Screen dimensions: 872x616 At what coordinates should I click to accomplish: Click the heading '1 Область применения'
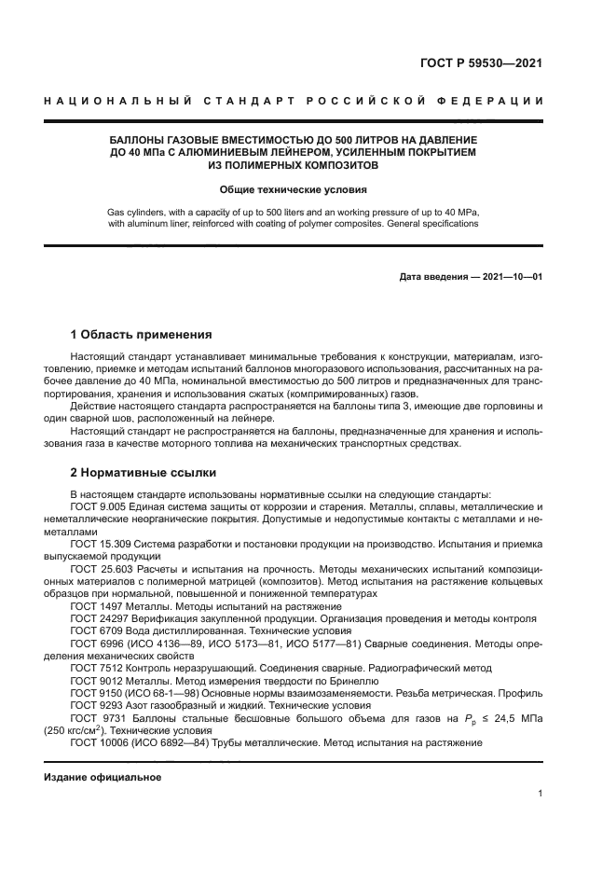(x=142, y=334)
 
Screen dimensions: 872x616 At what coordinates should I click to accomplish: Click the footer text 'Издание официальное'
(x=103, y=777)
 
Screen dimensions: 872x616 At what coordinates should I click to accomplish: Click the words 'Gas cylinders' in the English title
(x=139, y=212)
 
